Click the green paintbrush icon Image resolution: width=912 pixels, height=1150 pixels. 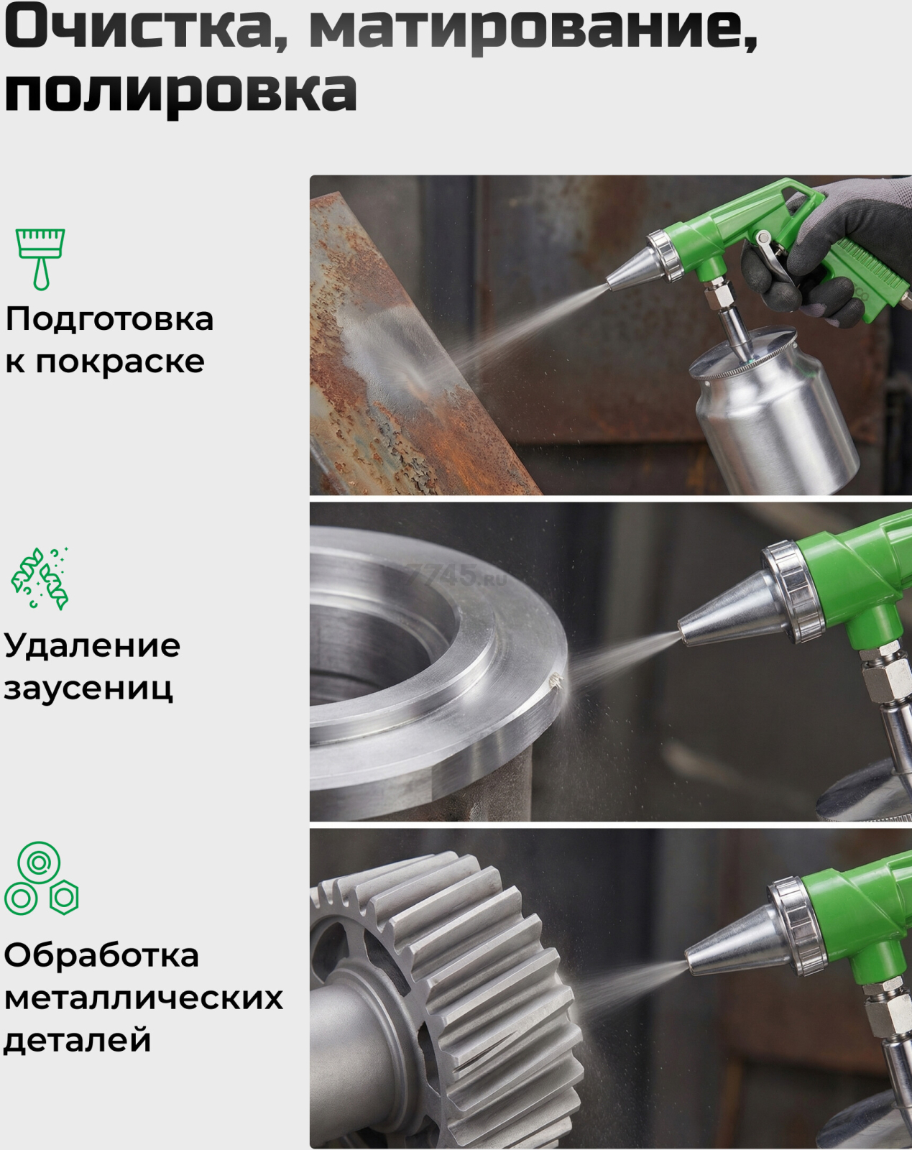(x=40, y=259)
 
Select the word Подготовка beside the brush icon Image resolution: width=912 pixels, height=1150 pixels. (x=109, y=321)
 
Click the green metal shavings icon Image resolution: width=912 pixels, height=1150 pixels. (x=40, y=578)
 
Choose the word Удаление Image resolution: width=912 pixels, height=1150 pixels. (x=93, y=647)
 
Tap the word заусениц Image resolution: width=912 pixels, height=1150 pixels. (x=88, y=689)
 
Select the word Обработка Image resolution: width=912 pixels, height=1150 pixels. (x=101, y=954)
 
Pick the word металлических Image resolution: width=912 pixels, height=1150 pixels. (x=144, y=997)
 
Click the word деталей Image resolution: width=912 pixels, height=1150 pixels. (x=78, y=1041)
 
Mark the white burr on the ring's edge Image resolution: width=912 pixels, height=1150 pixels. (x=556, y=680)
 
